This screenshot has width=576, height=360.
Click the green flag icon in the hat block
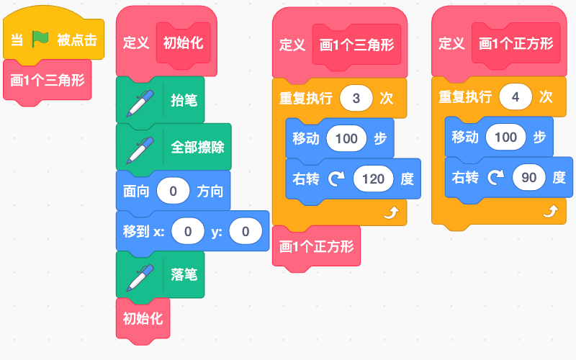pos(40,39)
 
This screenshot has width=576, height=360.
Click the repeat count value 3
pos(356,98)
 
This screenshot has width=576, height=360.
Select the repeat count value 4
pos(516,97)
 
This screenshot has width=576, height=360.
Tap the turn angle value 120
pos(373,179)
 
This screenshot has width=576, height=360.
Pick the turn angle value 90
pos(529,178)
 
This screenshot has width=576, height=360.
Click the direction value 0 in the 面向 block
pos(173,191)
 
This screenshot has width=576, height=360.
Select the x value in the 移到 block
pos(188,231)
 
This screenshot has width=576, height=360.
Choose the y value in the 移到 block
pos(246,231)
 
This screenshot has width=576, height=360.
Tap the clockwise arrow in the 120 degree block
pos(336,179)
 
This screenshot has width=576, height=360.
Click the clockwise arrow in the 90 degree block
pos(495,178)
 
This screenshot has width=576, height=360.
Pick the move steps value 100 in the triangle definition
pos(346,138)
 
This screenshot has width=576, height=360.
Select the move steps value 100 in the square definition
pos(505,138)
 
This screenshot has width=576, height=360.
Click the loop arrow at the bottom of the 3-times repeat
pos(391,212)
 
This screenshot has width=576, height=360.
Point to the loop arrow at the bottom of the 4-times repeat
pos(550,211)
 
